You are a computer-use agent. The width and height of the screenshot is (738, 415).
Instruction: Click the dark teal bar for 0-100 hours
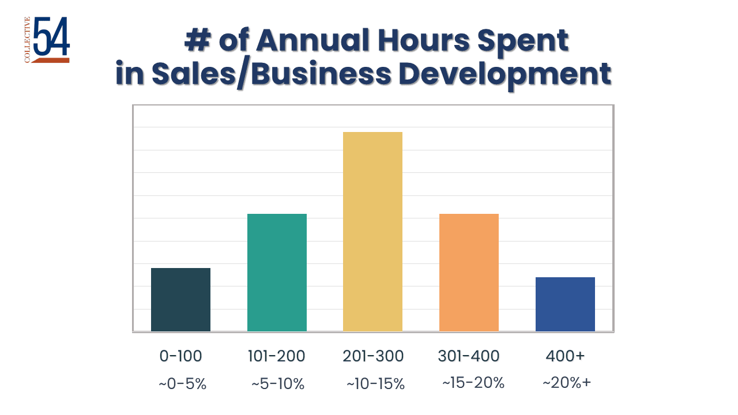(x=180, y=300)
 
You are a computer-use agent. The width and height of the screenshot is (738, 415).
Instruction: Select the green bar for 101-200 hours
(x=277, y=273)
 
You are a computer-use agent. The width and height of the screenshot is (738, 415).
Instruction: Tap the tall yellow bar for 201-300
(x=372, y=232)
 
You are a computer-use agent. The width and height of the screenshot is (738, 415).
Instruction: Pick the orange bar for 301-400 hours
(x=469, y=273)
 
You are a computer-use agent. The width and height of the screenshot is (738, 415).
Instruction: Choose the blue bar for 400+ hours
(x=565, y=304)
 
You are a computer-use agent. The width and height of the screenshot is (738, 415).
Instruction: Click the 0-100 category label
(x=180, y=356)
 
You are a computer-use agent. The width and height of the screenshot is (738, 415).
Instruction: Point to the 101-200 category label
(x=276, y=356)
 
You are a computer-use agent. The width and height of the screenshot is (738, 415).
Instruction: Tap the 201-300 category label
(x=373, y=356)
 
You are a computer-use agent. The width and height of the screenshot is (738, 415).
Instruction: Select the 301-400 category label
(x=469, y=356)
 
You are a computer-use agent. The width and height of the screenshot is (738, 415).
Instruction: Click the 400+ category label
(x=565, y=356)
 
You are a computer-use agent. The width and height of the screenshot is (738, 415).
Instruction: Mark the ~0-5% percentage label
(x=182, y=384)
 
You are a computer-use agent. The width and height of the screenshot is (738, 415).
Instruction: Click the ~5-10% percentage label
(x=278, y=384)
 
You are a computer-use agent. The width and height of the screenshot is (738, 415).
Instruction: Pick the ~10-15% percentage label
(x=375, y=384)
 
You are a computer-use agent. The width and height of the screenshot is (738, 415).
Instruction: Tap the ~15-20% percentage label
(x=473, y=383)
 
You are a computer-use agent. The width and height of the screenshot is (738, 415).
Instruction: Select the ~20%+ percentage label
(x=567, y=383)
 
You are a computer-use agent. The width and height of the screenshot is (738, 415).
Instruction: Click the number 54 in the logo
(x=52, y=36)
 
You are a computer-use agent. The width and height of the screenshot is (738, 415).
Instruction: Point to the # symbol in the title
(x=197, y=41)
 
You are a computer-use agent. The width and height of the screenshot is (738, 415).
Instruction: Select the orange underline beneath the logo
(x=51, y=60)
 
